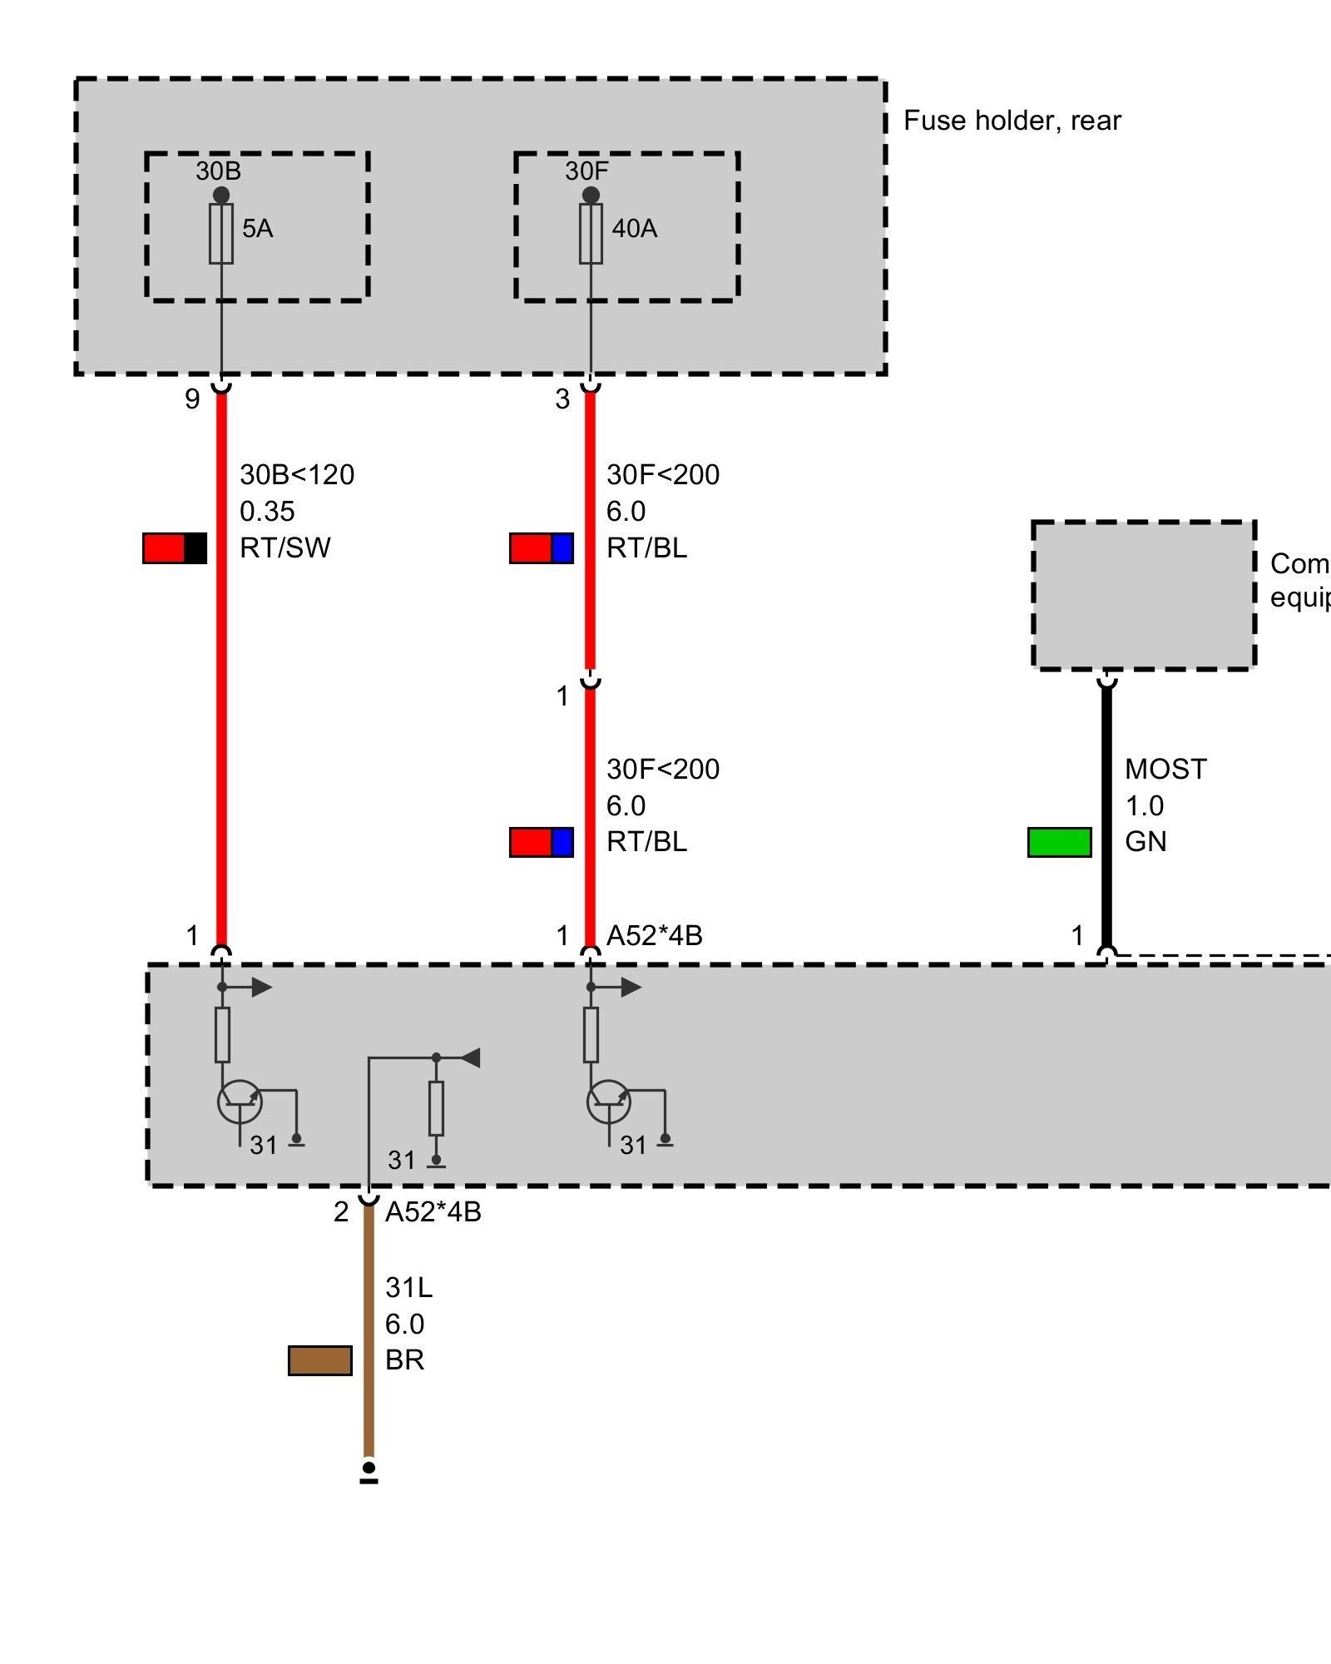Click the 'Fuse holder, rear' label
point(1012,121)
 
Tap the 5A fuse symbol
point(221,234)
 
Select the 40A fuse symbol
point(591,234)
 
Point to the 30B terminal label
point(218,171)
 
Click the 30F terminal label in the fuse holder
point(586,171)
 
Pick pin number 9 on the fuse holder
point(192,399)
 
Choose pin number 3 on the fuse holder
point(562,399)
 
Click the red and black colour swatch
point(175,548)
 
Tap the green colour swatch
point(1059,842)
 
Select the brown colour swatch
point(320,1360)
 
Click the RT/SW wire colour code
point(285,548)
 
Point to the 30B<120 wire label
point(297,475)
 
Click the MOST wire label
point(1165,770)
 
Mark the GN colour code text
point(1145,842)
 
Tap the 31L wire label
point(408,1288)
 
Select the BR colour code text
point(405,1360)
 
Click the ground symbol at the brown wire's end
point(369,1473)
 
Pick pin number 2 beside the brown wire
point(341,1212)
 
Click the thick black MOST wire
point(1106,815)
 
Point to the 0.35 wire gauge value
point(267,512)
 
